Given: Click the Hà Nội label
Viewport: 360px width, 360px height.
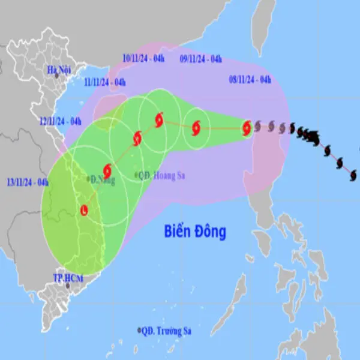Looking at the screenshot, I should tap(60, 70).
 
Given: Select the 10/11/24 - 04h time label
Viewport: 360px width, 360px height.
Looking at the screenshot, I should tap(143, 58).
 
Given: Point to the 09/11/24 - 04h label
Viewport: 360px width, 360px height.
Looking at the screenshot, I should tap(201, 59).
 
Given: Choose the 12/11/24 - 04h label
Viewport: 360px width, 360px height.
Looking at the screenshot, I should tap(61, 121).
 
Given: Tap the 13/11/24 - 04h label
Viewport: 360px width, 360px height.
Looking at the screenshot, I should tap(28, 182).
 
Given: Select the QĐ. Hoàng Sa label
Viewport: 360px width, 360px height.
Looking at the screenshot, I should tap(160, 175).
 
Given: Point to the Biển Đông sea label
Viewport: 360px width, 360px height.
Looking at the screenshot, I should tap(195, 232).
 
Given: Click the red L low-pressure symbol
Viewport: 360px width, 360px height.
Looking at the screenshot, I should tap(84, 210).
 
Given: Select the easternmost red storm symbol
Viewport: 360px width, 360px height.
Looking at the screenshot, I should tap(247, 127).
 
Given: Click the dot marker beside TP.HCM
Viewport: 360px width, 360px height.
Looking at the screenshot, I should tap(68, 286).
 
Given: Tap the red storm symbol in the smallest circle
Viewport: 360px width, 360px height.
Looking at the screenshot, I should tap(196, 127).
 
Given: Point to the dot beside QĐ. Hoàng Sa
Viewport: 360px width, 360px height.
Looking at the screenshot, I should tap(136, 175).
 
